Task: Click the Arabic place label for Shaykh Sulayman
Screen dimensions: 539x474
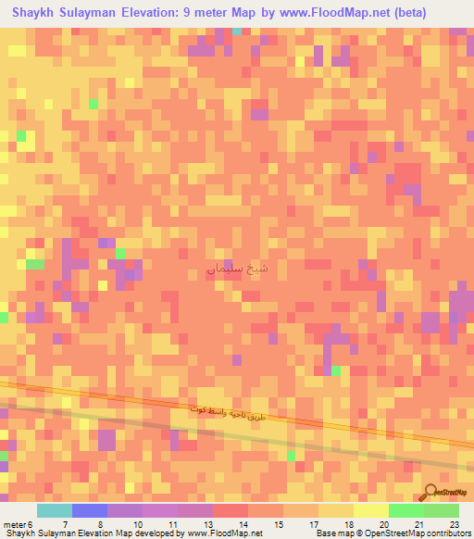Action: pos(238,269)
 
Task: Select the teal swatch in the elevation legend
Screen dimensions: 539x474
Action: pos(54,510)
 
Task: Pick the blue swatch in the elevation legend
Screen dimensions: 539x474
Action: pos(90,510)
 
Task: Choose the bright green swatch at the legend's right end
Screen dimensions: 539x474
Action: pos(441,510)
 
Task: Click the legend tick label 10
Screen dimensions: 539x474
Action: pos(137,524)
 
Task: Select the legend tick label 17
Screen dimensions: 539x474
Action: pos(314,524)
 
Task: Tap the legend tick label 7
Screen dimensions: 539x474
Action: pos(65,524)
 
